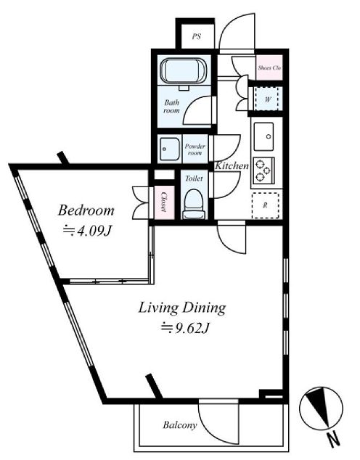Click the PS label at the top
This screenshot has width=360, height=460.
click(197, 37)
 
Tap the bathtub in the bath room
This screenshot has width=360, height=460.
click(184, 71)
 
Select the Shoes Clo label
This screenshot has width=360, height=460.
click(269, 67)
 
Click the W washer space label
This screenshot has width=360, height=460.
click(268, 99)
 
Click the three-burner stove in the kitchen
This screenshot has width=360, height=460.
click(263, 171)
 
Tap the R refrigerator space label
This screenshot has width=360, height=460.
click(265, 205)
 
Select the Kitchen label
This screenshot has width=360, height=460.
click(232, 165)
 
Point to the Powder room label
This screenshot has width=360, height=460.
click(195, 149)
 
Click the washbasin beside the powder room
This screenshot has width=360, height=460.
click(170, 149)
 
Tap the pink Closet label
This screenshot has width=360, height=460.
click(164, 202)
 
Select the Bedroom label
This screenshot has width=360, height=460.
click(86, 210)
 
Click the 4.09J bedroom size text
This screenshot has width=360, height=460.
click(87, 231)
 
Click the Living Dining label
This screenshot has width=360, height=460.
click(182, 308)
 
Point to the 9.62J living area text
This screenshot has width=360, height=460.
click(184, 329)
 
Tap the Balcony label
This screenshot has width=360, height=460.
click(180, 424)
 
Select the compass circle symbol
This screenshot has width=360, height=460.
click(321, 408)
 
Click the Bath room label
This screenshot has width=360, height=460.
click(171, 107)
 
